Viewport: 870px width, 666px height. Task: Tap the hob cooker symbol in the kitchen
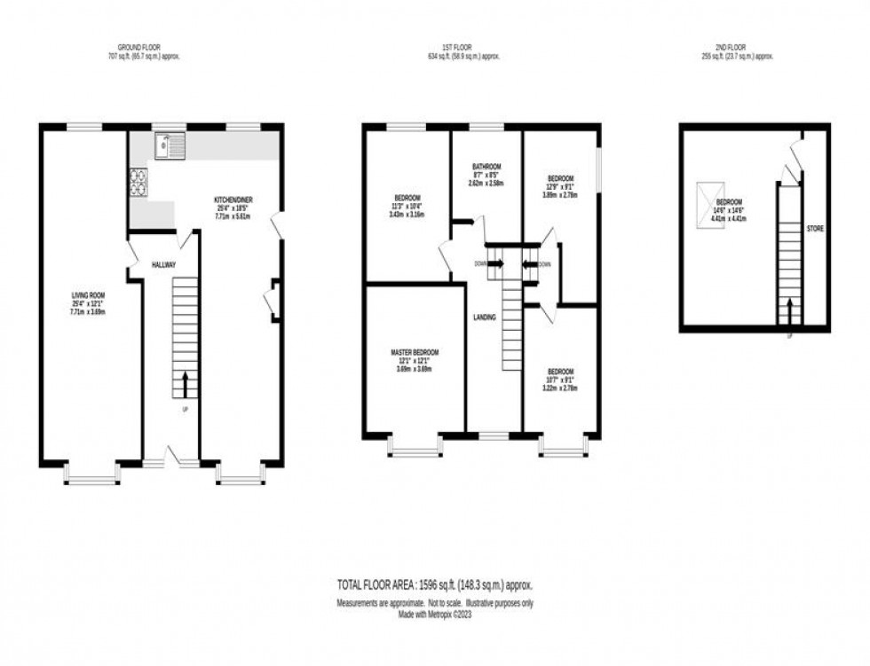tap(139, 182)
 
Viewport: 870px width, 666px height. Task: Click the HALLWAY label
tap(163, 264)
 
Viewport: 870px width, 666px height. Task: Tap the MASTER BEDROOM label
tap(415, 352)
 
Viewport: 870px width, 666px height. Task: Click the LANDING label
tap(485, 317)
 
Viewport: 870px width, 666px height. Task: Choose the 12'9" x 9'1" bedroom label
tap(560, 178)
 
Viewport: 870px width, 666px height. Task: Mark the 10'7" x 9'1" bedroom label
tap(560, 372)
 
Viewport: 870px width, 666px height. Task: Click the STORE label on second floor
tap(815, 229)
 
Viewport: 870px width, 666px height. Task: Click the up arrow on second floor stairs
tap(789, 311)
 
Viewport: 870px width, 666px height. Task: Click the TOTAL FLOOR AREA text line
tap(434, 585)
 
